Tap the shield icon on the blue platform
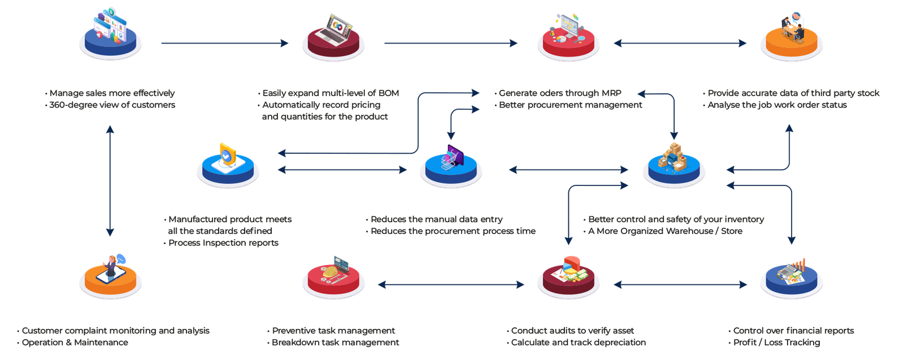coord(228,155)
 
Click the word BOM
coord(388,93)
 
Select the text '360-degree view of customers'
coord(112,105)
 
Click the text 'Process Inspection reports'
coord(223,243)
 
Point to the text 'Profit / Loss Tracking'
coord(777,342)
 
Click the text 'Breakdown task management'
coord(336,342)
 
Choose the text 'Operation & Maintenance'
coord(75,342)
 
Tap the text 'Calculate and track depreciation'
coord(579,342)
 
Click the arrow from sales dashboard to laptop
coord(224,44)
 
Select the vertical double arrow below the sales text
coord(110,181)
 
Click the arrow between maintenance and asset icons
coord(451,285)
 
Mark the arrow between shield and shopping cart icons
coord(342,170)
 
